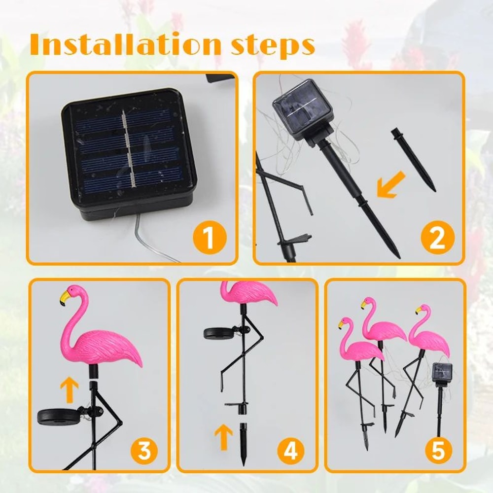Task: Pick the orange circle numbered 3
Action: [x=144, y=450]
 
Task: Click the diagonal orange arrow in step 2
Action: [x=390, y=186]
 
